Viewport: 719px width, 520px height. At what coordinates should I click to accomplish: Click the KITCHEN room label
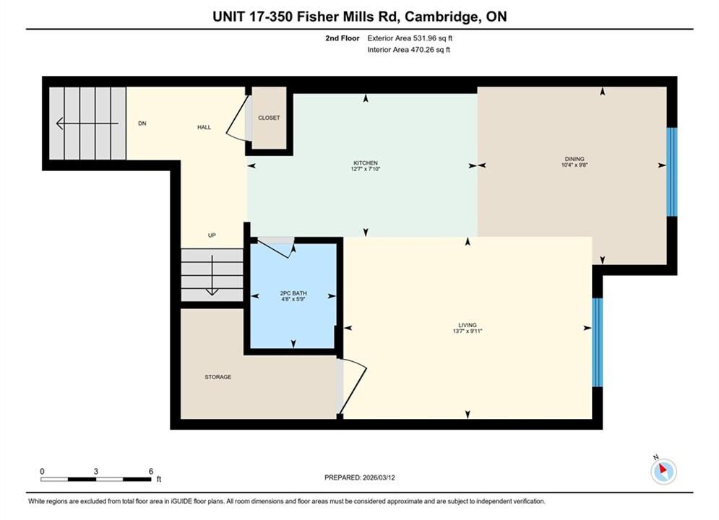coord(366,163)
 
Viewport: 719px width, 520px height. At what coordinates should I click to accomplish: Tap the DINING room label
coord(574,159)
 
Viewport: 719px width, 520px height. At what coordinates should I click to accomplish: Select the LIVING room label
coord(468,325)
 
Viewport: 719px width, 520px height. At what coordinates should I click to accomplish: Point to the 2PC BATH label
coord(293,293)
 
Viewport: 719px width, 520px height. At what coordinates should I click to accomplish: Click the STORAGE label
coord(218,377)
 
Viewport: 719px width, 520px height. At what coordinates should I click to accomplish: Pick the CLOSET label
coord(269,118)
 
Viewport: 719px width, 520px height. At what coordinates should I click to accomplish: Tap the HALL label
coord(204,127)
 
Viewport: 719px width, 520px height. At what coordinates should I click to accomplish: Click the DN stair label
coord(142,123)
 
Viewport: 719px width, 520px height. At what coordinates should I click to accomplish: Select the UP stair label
coord(212,235)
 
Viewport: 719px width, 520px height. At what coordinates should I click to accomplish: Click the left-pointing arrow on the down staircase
coord(87,123)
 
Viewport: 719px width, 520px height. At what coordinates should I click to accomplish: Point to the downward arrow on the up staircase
coord(212,275)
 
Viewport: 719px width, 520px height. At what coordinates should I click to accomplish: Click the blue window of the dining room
coord(672,172)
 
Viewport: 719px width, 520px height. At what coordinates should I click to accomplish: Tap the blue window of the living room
coord(597,343)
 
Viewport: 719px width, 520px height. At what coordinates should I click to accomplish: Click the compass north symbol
coord(663,470)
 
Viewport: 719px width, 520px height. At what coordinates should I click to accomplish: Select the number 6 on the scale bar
coord(151,471)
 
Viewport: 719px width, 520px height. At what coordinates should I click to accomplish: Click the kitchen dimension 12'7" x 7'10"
coord(366,169)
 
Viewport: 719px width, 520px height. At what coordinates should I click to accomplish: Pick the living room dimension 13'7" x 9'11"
coord(468,331)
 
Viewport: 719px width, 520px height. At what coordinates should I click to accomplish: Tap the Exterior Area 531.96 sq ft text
coord(410,38)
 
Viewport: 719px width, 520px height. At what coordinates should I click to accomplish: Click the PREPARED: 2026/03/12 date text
coord(360,477)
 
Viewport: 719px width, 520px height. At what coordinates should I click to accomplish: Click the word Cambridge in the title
coord(441,17)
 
